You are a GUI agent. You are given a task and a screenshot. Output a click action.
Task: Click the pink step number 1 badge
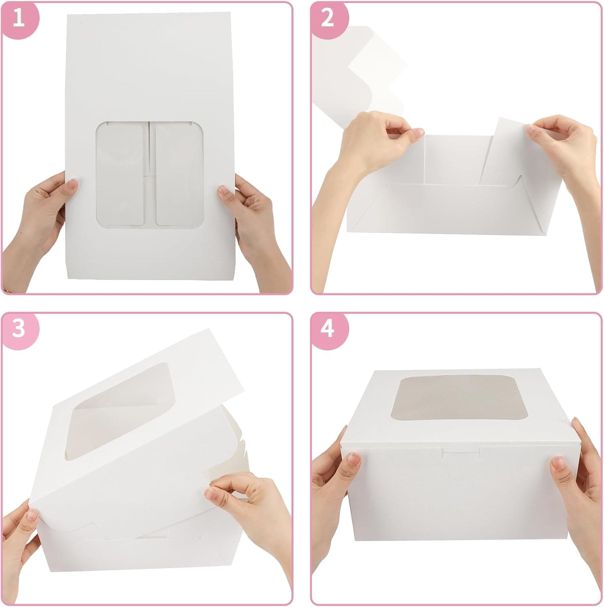[x=19, y=19]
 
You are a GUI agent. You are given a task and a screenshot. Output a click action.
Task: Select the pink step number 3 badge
[x=19, y=328]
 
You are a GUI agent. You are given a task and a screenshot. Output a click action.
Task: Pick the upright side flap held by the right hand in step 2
[x=505, y=154]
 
